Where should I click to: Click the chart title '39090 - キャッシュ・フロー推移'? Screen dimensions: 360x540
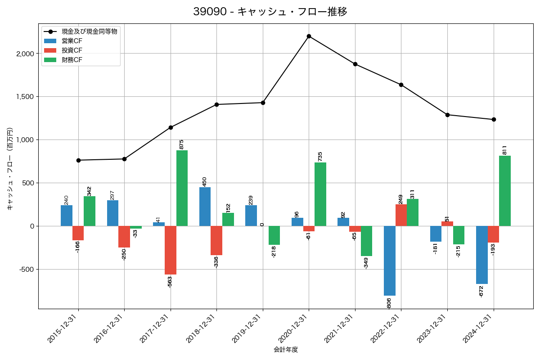[270, 12]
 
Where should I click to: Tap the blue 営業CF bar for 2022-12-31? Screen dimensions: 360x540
[390, 261]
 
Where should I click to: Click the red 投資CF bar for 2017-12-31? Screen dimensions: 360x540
[171, 250]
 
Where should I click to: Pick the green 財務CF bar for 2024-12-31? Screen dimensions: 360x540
[505, 191]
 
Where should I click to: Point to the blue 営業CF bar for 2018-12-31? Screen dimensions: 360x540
[205, 207]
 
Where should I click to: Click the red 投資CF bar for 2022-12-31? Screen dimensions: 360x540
[401, 215]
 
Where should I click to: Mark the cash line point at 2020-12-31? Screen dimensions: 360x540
[309, 36]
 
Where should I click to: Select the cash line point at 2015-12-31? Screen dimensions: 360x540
[78, 160]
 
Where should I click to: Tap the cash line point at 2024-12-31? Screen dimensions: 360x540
[494, 119]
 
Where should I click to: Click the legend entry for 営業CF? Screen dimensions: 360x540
[72, 41]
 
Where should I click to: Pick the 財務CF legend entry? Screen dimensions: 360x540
[72, 59]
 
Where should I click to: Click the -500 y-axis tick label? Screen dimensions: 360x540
[27, 270]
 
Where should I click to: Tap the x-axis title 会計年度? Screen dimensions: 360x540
[286, 350]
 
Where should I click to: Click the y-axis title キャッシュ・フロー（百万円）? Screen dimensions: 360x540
[10, 169]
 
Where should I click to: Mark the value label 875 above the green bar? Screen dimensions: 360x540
[181, 144]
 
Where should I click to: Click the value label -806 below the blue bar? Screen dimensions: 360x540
[389, 303]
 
